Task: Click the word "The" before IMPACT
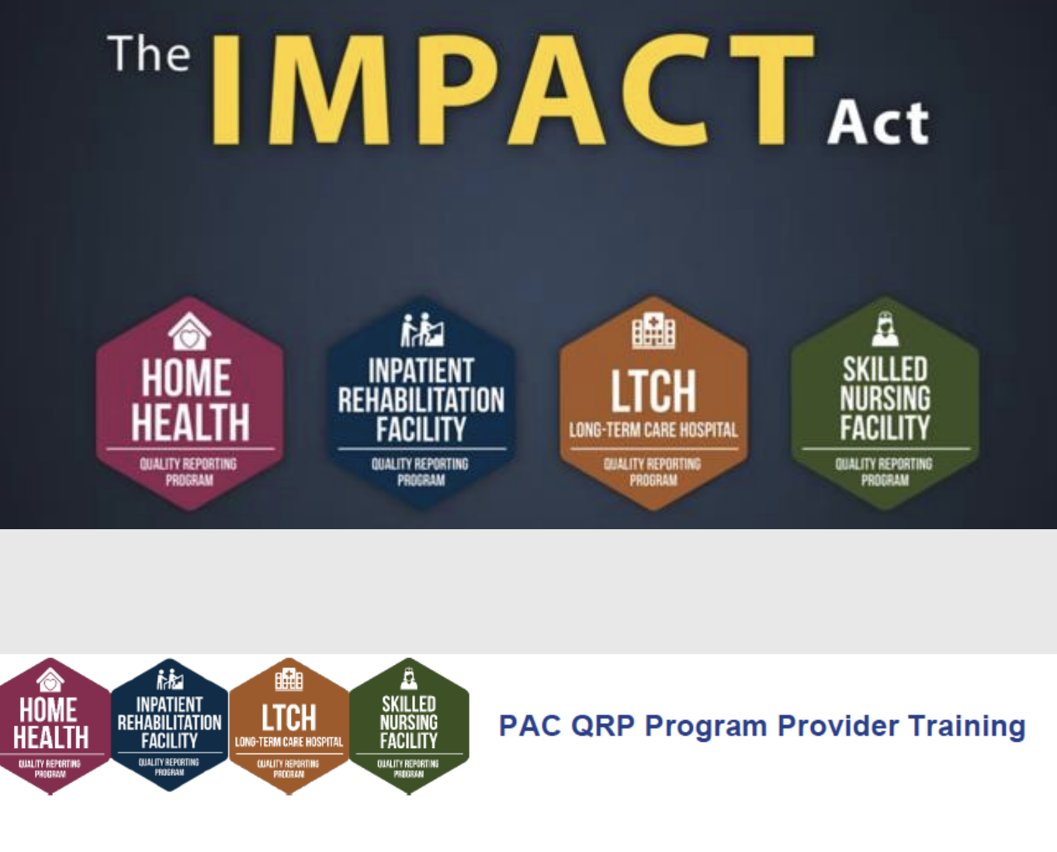click(x=149, y=54)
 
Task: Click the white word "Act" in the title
click(x=878, y=123)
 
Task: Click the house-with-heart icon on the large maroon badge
click(x=189, y=331)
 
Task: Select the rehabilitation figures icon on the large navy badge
click(x=421, y=329)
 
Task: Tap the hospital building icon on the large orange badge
click(x=653, y=331)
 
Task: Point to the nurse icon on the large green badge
click(x=885, y=328)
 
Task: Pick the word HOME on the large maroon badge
click(x=186, y=378)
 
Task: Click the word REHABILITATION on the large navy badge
click(x=421, y=400)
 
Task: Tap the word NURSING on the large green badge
click(x=885, y=398)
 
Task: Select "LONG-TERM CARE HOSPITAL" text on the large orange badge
click(x=653, y=430)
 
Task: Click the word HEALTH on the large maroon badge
click(x=190, y=422)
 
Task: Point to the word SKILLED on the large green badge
click(x=885, y=369)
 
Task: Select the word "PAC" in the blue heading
click(x=528, y=726)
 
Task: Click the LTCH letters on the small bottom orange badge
click(x=289, y=717)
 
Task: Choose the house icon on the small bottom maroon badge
click(x=50, y=681)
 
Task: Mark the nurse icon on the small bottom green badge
click(x=409, y=678)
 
